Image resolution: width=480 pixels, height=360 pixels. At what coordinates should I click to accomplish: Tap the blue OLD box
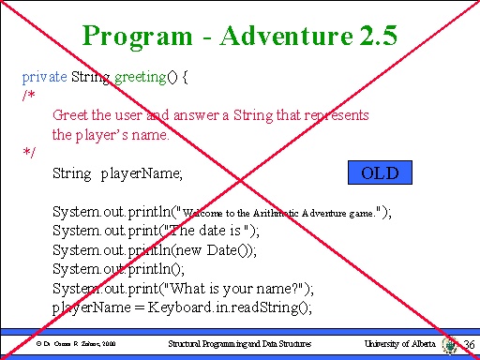coord(380,173)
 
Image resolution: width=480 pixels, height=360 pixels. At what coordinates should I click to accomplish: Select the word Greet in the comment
coord(71,115)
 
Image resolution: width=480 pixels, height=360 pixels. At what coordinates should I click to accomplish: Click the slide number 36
coord(469,346)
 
